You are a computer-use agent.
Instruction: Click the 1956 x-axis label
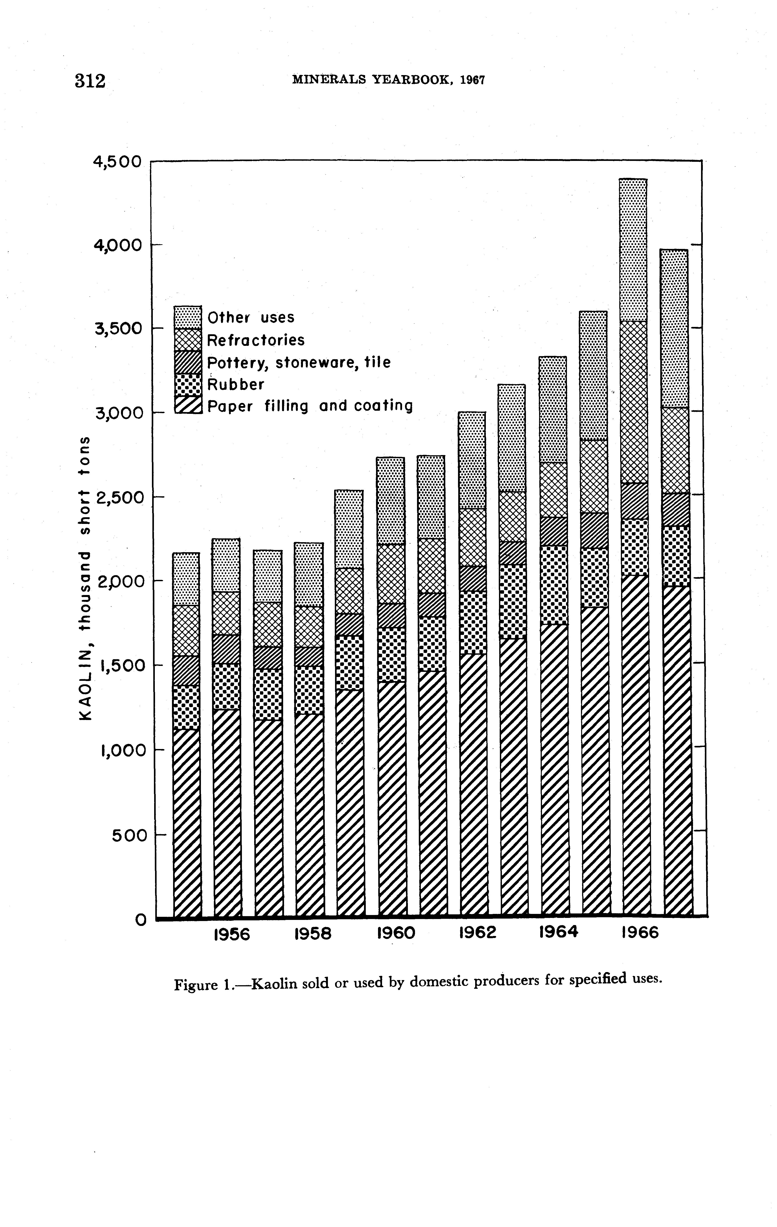pos(231,934)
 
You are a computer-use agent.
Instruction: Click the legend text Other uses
pos(251,318)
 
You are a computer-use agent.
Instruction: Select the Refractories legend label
pos(256,340)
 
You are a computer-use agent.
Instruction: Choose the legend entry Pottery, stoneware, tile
pos(299,362)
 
